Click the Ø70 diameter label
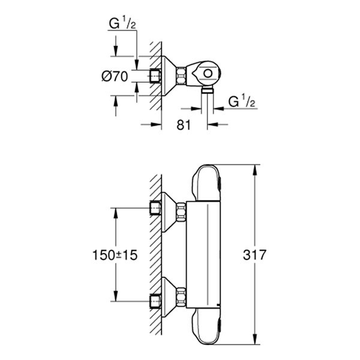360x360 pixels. [x=116, y=76]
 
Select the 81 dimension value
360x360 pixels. [x=184, y=125]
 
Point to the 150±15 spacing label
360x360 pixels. [x=116, y=255]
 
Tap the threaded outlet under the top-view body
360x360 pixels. [x=208, y=91]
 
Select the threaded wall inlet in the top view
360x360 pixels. [x=156, y=76]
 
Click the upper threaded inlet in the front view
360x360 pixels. [x=156, y=208]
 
